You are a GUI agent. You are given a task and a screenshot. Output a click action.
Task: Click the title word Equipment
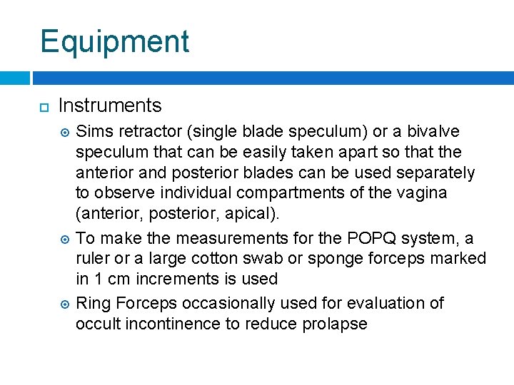(x=115, y=42)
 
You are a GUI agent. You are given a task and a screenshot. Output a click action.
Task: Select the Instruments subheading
(x=110, y=106)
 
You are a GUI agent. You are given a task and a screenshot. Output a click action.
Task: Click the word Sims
(x=92, y=132)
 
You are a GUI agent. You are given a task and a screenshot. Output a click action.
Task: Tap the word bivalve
(x=431, y=132)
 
